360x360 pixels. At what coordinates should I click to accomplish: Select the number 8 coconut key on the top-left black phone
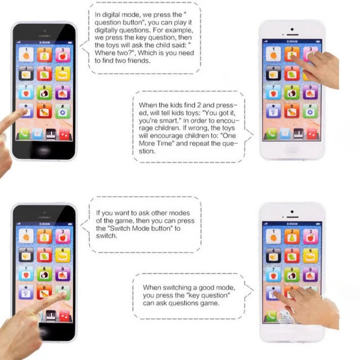click(x=44, y=92)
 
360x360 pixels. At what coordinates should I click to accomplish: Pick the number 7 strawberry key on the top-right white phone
click(x=273, y=92)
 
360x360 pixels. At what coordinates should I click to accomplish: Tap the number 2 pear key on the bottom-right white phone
click(x=291, y=236)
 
